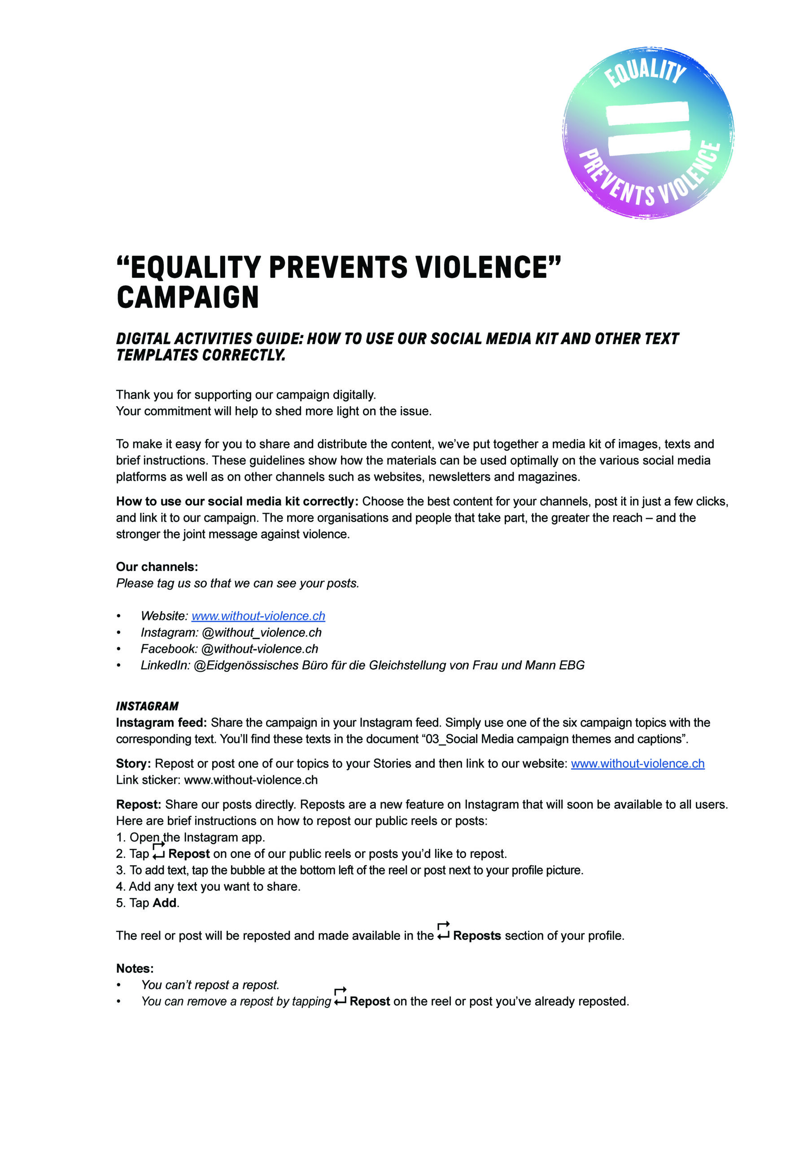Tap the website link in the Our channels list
pos(258,616)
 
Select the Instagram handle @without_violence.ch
pos(262,632)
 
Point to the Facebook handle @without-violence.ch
pos(260,649)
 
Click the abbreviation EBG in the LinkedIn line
pos(572,666)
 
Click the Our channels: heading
pos(157,567)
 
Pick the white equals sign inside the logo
pos(648,128)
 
